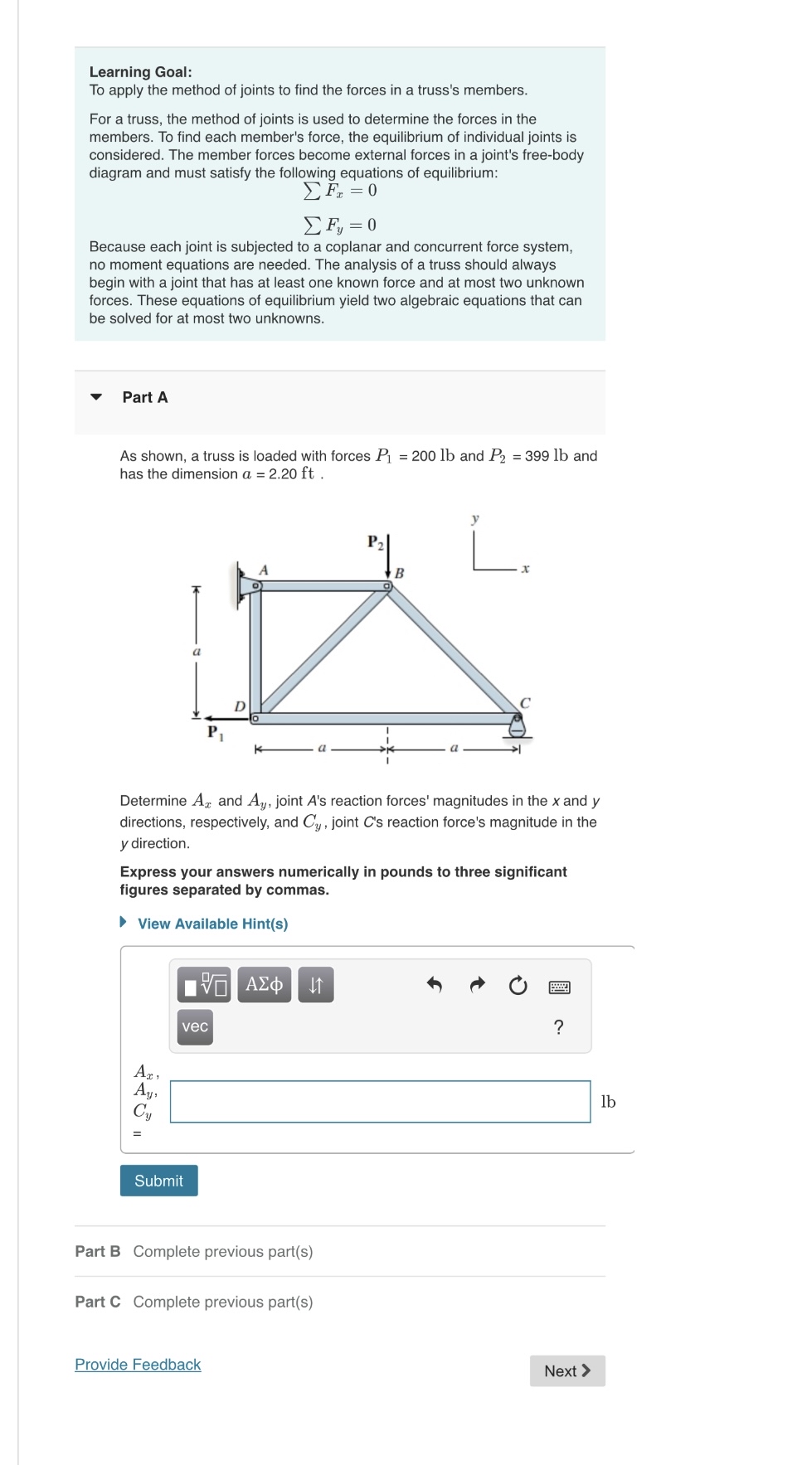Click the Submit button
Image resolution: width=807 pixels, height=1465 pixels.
(x=158, y=1181)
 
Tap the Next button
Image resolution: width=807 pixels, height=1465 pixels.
(x=567, y=1370)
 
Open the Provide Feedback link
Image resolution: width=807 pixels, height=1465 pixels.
(x=138, y=1364)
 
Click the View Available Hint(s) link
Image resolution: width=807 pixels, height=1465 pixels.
(x=212, y=924)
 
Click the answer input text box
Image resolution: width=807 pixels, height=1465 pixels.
(x=380, y=1102)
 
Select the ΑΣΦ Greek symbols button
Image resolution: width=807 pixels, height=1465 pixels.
(x=265, y=984)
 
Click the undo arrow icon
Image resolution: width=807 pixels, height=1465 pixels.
(x=434, y=985)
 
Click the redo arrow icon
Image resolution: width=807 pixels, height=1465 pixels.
(x=477, y=985)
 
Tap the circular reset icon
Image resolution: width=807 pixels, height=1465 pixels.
(x=518, y=985)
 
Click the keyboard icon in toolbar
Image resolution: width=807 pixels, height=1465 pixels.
(x=559, y=987)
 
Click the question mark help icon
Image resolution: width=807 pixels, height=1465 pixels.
(x=558, y=1027)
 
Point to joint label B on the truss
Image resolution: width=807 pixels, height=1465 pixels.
(x=399, y=573)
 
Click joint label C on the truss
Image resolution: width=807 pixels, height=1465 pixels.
(x=524, y=702)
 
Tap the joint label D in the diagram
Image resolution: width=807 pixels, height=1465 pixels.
(x=240, y=706)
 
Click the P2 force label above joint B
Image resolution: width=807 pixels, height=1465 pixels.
(x=375, y=542)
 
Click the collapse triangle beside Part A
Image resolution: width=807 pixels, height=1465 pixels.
(x=96, y=397)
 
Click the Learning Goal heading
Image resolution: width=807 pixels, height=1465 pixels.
(x=140, y=72)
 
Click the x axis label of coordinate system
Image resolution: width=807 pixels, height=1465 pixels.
(x=525, y=569)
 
